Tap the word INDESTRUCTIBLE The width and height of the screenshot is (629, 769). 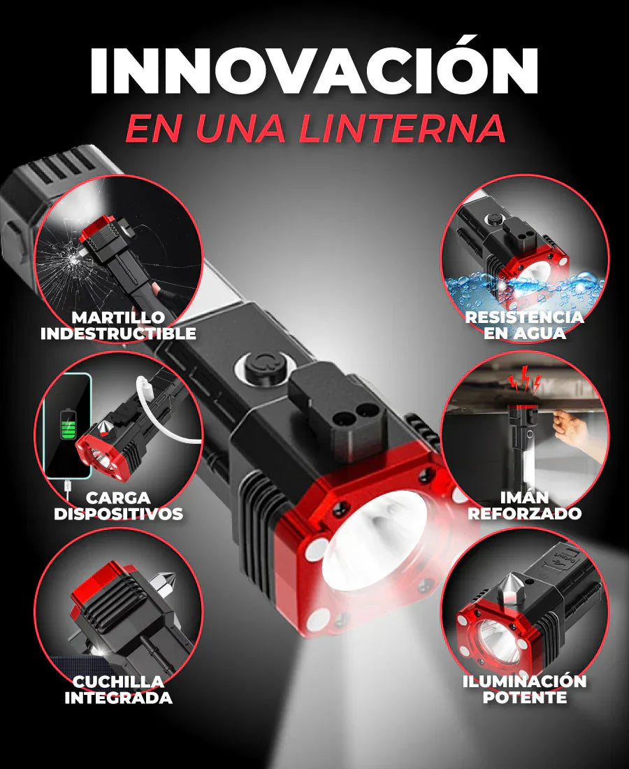(x=118, y=333)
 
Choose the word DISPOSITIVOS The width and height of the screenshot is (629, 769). (x=118, y=514)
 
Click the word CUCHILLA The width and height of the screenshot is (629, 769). (x=118, y=682)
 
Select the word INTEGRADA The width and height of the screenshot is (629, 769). (x=118, y=697)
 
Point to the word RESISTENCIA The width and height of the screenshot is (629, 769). (x=524, y=317)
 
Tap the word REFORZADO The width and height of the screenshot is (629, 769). (x=524, y=514)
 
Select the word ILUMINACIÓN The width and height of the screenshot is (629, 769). (x=524, y=682)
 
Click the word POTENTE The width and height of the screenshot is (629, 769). (x=524, y=697)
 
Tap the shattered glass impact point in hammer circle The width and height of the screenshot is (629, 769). (x=73, y=259)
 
